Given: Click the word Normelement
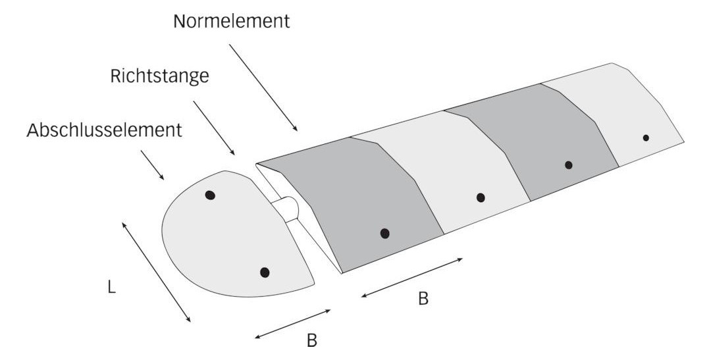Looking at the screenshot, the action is [231, 21].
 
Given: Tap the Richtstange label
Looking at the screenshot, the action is [159, 76].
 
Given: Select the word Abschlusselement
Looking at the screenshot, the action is [104, 130].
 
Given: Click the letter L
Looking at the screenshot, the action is [111, 287].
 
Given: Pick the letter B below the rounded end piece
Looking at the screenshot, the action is [311, 340].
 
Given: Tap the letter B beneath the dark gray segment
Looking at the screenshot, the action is [423, 299].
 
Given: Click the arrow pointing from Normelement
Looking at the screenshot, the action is [263, 88].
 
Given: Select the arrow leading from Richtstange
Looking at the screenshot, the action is [214, 128].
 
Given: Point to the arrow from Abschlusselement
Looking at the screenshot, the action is [152, 165].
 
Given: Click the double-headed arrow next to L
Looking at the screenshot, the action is [157, 272].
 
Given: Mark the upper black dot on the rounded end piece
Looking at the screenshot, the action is [210, 195].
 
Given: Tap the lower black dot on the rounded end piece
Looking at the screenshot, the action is [265, 272].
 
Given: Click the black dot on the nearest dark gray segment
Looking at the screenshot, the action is [385, 234].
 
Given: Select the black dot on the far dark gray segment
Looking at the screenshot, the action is [569, 165].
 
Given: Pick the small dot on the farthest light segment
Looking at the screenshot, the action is [646, 138].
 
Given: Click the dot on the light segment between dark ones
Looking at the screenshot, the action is [481, 197].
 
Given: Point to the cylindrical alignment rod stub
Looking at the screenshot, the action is [286, 209].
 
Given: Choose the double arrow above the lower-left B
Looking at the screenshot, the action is [293, 324].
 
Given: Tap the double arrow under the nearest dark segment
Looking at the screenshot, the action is [411, 278].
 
